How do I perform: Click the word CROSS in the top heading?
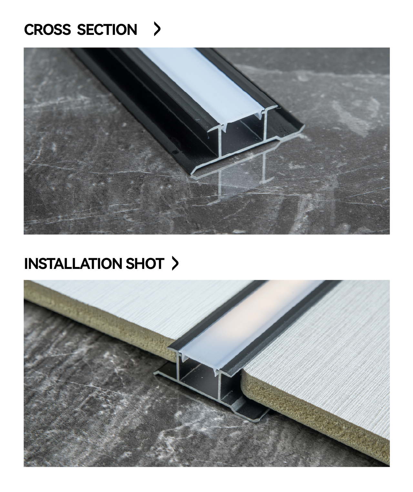point(47,29)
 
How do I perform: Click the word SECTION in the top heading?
point(107,29)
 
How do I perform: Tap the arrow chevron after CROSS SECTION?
point(157,29)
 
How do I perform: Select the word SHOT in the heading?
point(145,263)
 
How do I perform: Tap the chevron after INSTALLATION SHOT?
point(175,263)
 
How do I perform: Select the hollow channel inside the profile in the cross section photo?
point(243,137)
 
